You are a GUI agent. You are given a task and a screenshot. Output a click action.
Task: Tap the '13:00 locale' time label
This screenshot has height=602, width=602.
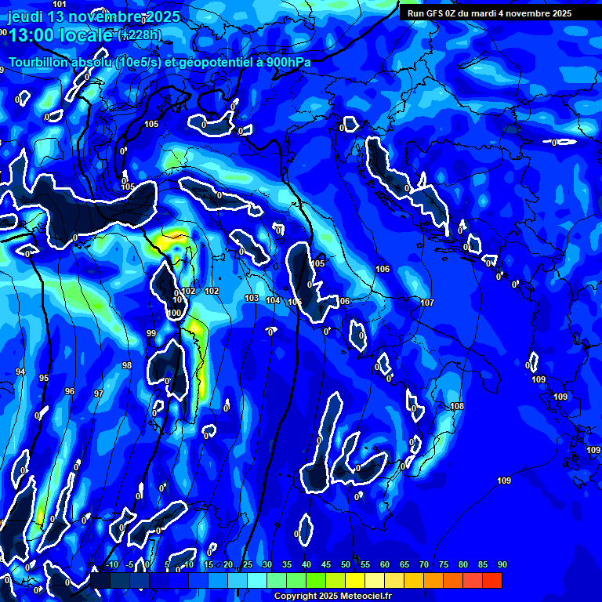click(x=61, y=34)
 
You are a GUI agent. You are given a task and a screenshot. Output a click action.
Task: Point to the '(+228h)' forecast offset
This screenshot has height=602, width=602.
click(x=140, y=34)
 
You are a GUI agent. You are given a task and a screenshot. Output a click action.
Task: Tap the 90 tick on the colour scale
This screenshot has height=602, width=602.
click(x=502, y=564)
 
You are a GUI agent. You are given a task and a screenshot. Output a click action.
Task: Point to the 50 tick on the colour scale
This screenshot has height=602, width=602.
click(x=345, y=564)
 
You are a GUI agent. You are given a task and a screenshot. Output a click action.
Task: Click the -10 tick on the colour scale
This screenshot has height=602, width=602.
click(x=112, y=564)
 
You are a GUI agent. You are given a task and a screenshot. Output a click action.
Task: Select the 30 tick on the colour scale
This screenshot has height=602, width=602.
click(x=267, y=564)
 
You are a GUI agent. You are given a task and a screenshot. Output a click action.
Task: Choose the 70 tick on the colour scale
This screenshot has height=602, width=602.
click(x=423, y=564)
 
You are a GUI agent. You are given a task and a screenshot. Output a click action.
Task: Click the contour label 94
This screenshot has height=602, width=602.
click(x=20, y=372)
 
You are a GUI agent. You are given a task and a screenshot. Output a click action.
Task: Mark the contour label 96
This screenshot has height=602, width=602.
click(x=70, y=391)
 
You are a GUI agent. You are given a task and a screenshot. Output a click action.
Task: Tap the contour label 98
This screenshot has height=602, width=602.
click(x=127, y=366)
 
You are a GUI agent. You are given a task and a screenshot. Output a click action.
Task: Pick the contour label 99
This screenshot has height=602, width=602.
click(x=151, y=334)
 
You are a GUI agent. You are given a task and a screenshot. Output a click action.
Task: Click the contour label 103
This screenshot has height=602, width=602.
click(x=252, y=299)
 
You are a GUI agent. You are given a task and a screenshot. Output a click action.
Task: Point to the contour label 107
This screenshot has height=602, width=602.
click(x=427, y=303)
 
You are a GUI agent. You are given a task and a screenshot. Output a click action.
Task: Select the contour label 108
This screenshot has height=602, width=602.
click(x=458, y=406)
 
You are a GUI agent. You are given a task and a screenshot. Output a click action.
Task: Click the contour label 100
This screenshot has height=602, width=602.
click(x=174, y=314)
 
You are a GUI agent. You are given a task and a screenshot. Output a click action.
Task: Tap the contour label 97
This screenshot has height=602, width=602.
click(x=98, y=393)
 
